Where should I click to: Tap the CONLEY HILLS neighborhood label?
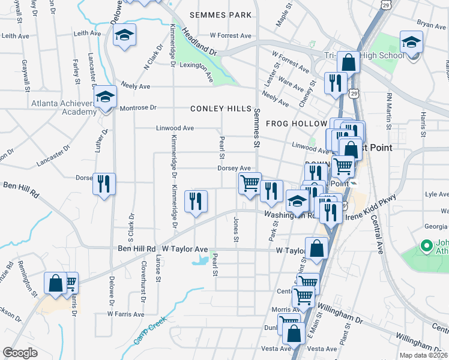(220, 109)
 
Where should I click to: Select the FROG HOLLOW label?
(290, 124)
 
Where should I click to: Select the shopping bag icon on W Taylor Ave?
(316, 248)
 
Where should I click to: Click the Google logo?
(20, 353)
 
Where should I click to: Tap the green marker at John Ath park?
(427, 245)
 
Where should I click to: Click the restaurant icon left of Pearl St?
(196, 201)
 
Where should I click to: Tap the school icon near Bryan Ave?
(411, 43)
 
